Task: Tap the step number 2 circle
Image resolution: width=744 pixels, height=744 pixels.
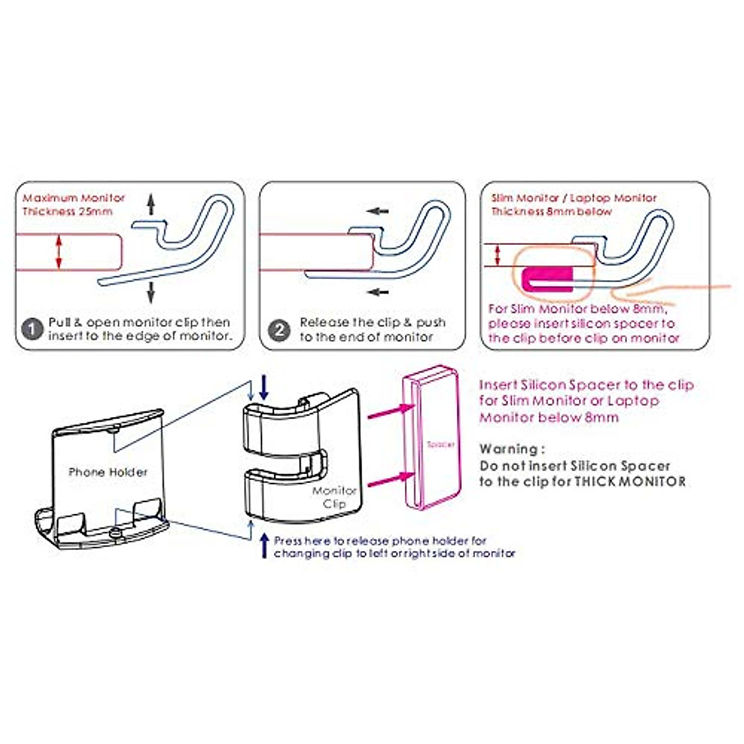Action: [x=279, y=329]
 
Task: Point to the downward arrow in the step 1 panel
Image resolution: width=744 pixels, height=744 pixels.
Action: [x=150, y=291]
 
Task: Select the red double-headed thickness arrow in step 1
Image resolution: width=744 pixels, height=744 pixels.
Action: [x=59, y=252]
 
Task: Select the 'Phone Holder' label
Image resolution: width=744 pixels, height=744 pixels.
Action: [x=108, y=472]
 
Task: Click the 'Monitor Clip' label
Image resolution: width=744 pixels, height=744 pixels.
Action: [x=334, y=497]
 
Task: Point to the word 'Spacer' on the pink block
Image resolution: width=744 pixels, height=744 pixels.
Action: [x=440, y=445]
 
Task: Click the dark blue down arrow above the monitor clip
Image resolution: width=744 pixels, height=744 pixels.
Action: [x=264, y=387]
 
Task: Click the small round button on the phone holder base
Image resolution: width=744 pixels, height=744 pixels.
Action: [x=114, y=532]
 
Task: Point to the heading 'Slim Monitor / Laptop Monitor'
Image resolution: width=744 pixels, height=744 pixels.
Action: [x=573, y=198]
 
